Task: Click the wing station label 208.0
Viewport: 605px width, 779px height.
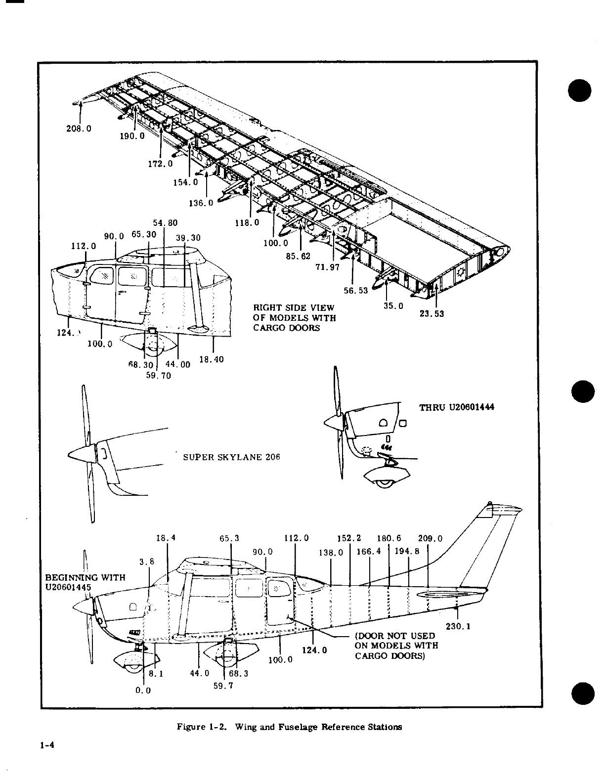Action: coord(79,129)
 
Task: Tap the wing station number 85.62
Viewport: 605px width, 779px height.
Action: coord(298,257)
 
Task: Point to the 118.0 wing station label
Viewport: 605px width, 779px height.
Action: coord(247,222)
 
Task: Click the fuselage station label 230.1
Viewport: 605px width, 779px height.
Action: coord(458,627)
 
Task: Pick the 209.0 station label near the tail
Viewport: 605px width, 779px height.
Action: coord(430,539)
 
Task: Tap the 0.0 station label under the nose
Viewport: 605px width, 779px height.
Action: coord(143,691)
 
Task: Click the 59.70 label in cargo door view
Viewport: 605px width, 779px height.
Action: coord(159,375)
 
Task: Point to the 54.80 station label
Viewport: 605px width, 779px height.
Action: coord(165,223)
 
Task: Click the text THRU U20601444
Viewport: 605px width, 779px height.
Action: coord(457,408)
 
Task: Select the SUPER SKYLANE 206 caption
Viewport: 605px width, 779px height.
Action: coord(231,457)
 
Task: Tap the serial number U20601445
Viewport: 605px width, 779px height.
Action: coord(68,587)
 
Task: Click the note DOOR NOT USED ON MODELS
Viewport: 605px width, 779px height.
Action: coord(395,646)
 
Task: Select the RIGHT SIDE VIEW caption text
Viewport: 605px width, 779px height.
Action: coord(294,318)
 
